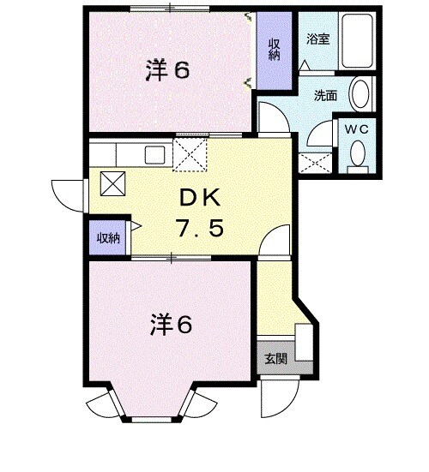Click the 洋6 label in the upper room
click(x=166, y=71)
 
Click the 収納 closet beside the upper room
click(x=275, y=50)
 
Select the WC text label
click(x=354, y=128)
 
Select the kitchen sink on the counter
click(x=156, y=155)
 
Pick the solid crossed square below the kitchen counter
click(x=112, y=183)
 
